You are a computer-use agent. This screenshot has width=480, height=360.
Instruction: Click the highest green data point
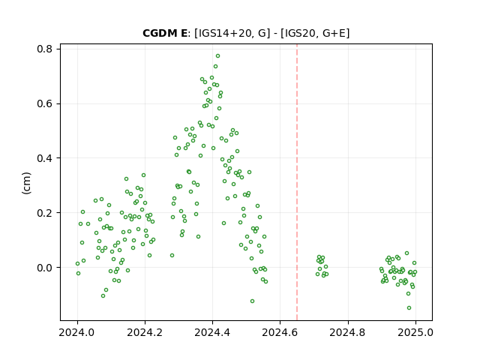tap(217, 56)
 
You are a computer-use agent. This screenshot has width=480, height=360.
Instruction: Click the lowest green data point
tap(409, 308)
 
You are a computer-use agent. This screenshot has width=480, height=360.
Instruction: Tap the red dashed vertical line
tap(297, 182)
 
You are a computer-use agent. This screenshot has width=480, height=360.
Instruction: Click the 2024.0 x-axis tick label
tap(77, 332)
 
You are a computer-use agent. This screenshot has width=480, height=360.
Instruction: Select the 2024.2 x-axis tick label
tap(145, 332)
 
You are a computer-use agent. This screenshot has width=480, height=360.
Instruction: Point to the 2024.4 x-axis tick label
tap(212, 332)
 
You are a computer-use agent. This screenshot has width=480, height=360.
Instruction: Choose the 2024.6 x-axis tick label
tap(280, 332)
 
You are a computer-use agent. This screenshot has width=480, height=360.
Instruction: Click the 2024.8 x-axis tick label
tap(348, 332)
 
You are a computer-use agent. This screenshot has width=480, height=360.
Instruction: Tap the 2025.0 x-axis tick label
tap(415, 332)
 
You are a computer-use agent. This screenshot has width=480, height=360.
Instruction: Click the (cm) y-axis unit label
tap(27, 183)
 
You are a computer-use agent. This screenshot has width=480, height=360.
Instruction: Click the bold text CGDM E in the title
tap(165, 33)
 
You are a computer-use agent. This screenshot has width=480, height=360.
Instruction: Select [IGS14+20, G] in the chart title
tap(232, 33)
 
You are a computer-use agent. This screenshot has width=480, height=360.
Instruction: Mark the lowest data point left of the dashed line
tap(252, 301)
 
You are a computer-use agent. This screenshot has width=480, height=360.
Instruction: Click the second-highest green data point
tap(215, 67)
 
